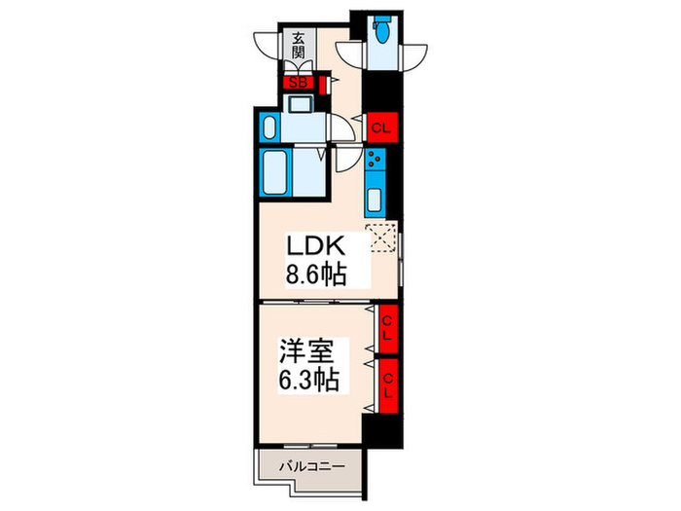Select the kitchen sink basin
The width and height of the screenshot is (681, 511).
pos(375,201)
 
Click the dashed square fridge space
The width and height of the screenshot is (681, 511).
pos(380,237)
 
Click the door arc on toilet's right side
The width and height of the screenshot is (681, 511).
pos(414,51)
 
